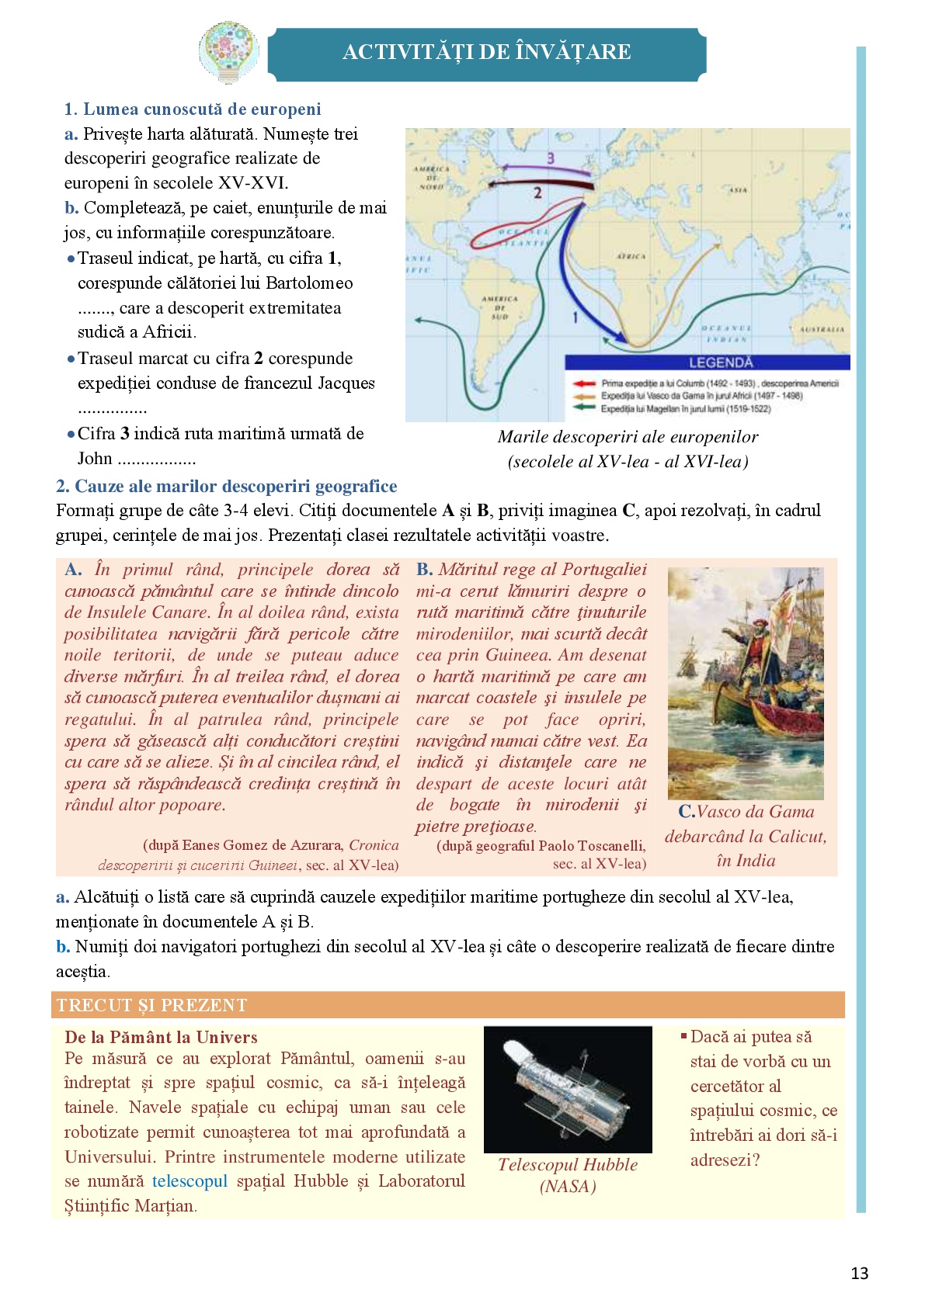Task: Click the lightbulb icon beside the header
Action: pos(227,51)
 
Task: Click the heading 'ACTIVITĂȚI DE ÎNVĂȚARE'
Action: pos(487,52)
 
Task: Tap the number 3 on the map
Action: pos(550,158)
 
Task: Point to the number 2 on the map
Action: pos(537,192)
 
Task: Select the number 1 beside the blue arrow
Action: pos(575,317)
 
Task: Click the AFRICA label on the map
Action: pos(631,256)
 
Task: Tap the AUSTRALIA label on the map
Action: pos(822,329)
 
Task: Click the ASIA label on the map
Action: pos(738,190)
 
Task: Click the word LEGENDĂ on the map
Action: pos(721,362)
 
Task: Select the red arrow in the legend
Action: pos(585,383)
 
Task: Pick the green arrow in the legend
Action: pos(585,408)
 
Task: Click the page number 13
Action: pos(859,1273)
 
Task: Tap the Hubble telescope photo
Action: pos(567,1089)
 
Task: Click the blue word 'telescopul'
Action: pos(190,1181)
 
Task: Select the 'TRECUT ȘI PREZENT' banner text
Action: pos(152,1005)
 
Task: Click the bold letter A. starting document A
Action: pos(73,570)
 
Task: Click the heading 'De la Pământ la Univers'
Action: pos(161,1037)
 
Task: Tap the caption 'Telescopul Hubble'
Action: pos(568,1164)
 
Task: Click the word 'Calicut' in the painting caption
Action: pos(798,836)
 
